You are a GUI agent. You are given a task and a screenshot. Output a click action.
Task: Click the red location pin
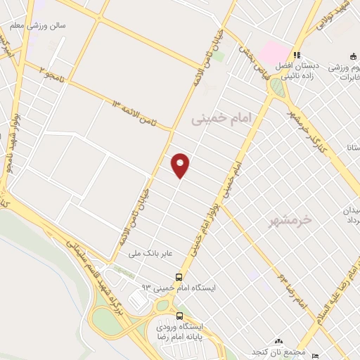click(181, 165)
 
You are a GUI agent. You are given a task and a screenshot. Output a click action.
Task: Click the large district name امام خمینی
click(221, 121)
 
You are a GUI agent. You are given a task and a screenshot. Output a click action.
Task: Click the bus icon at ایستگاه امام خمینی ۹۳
click(179, 277)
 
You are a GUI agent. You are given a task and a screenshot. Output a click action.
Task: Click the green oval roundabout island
click(278, 87)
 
